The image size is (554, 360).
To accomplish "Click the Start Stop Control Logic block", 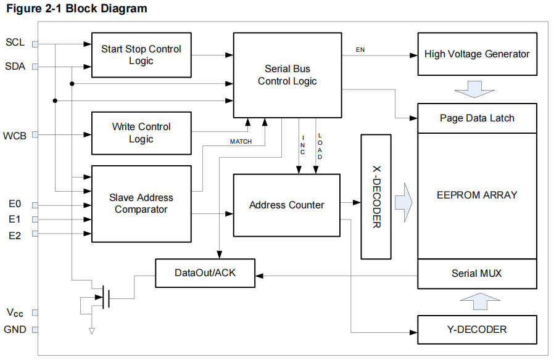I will tap(141, 55).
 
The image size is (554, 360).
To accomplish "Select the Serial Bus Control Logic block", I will tap(287, 75).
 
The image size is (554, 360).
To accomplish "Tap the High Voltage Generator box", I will tap(477, 54).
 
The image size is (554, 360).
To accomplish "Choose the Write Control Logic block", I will tap(141, 133).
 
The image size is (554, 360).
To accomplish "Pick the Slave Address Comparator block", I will tap(141, 203).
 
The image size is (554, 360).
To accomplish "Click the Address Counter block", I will tap(286, 205).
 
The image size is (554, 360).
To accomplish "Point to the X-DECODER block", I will tap(376, 197).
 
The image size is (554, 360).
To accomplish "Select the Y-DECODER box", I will tap(477, 329).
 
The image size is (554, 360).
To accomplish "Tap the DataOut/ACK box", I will tap(205, 273).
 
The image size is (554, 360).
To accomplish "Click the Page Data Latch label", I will tap(477, 118).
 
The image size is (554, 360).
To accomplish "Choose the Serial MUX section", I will tap(477, 273).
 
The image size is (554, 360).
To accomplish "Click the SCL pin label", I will tap(15, 43).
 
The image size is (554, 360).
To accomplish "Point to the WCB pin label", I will tap(15, 135).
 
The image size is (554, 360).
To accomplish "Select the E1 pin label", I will tap(15, 219).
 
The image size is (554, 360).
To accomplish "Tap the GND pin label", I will tap(15, 329).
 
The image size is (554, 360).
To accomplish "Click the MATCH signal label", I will tap(241, 142).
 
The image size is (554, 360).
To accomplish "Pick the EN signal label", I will tap(360, 49).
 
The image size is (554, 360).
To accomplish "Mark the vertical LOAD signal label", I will tap(320, 147).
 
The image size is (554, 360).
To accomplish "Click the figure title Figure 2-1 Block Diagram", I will tap(77, 9).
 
